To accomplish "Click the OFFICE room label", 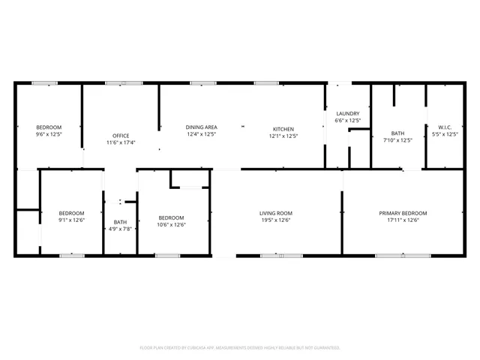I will click(x=121, y=135).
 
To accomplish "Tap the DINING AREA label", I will click(x=201, y=127).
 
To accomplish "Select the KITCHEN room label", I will click(x=283, y=128).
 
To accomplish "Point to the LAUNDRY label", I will click(x=347, y=113).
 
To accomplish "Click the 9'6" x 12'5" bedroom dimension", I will click(x=49, y=135).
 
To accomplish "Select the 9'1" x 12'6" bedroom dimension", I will click(x=71, y=220).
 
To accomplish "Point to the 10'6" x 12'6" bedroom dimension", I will click(x=171, y=224).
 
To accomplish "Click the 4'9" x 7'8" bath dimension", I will click(x=120, y=229).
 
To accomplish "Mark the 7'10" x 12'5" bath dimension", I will click(x=397, y=139).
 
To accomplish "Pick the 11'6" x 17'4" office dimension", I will click(x=121, y=142).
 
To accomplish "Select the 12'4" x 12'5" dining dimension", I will click(x=201, y=136).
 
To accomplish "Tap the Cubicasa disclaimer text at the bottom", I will click(x=240, y=348).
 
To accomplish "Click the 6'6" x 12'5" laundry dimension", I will click(x=347, y=121).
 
